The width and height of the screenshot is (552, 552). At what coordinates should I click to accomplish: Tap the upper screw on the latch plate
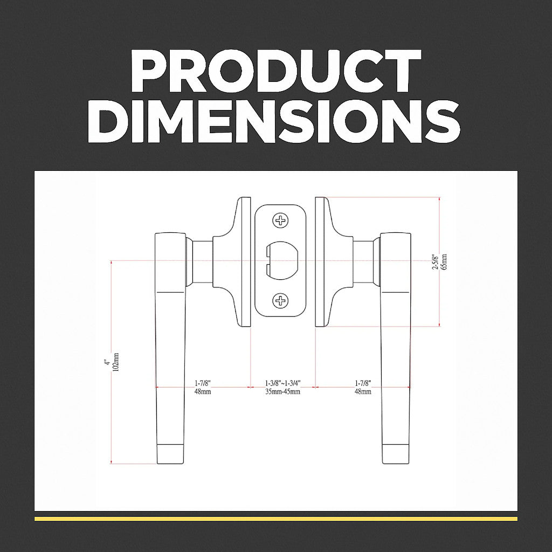[x=280, y=220]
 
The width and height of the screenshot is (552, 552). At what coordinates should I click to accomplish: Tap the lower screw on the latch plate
[x=280, y=301]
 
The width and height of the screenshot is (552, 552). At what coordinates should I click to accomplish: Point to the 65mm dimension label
[x=444, y=261]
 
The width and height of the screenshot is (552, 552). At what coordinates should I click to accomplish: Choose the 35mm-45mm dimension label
[x=282, y=391]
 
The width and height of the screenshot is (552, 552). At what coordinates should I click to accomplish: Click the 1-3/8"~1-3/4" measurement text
[x=282, y=383]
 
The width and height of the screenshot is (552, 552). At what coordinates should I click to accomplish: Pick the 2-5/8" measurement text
[x=436, y=261]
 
